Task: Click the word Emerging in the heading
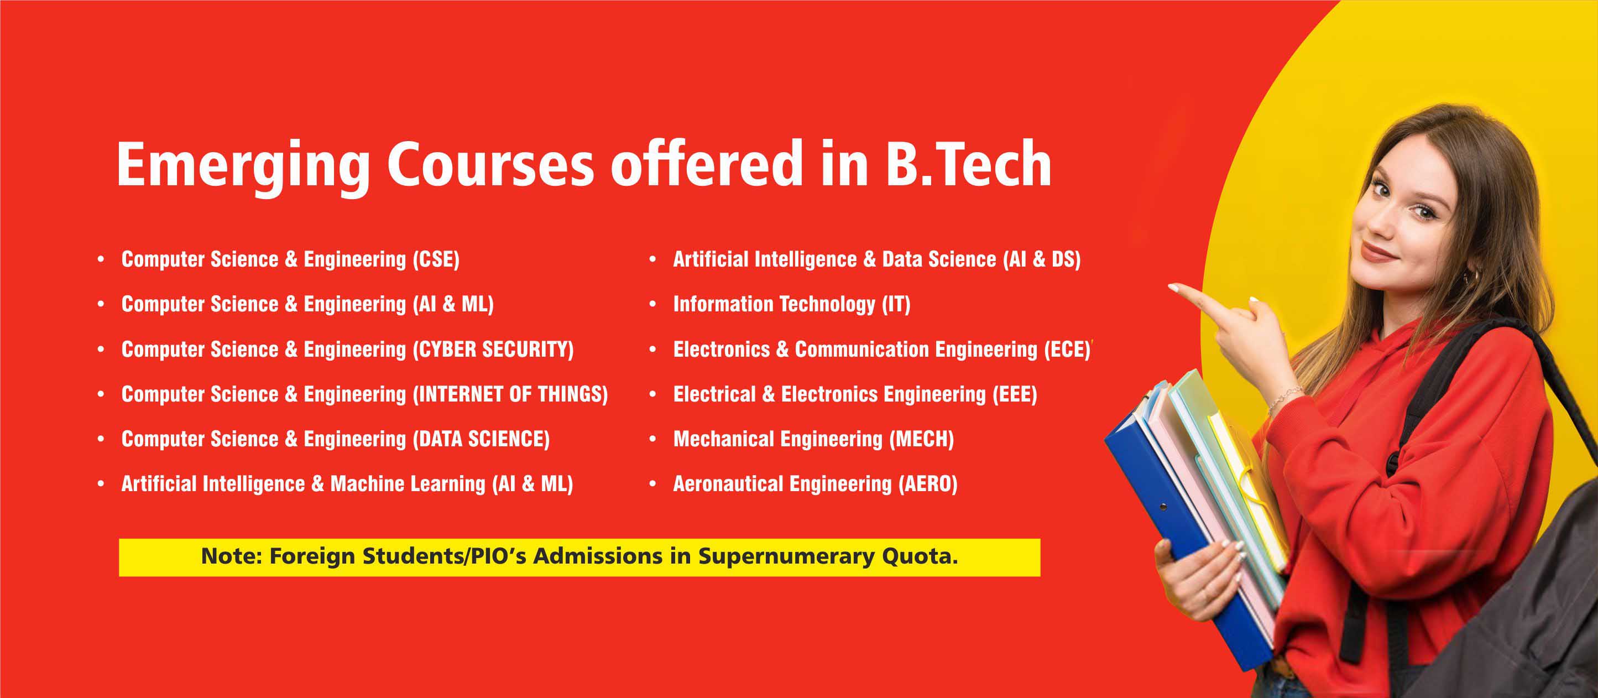(243, 164)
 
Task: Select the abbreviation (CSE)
(436, 259)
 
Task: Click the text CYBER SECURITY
(493, 350)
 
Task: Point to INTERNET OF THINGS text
(510, 394)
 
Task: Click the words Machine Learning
(408, 485)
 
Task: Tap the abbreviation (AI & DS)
(1042, 259)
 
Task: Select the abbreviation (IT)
(896, 305)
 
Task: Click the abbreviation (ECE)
(1067, 350)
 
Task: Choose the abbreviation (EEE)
(1014, 394)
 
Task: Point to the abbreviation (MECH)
(921, 439)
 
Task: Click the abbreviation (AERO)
(927, 484)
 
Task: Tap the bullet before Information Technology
(652, 304)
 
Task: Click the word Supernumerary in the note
(787, 556)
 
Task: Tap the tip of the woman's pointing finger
(1171, 287)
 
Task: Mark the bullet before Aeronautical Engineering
(652, 484)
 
